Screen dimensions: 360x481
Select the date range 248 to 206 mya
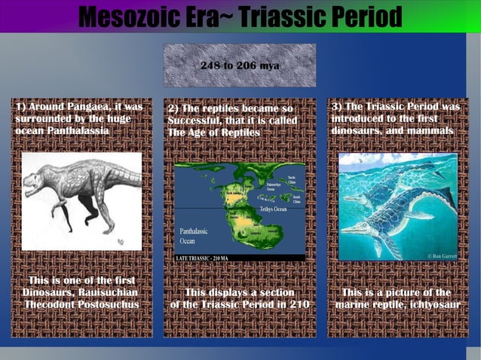240,66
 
